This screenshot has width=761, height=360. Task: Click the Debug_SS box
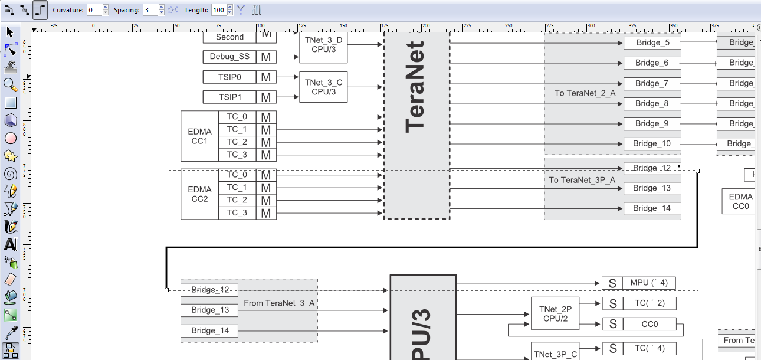pyautogui.click(x=229, y=57)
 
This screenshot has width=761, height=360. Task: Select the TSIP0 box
pyautogui.click(x=229, y=77)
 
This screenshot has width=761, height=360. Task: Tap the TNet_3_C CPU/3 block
pyautogui.click(x=323, y=87)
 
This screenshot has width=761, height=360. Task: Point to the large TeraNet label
pyautogui.click(x=416, y=86)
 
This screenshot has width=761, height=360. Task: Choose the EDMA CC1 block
pyautogui.click(x=199, y=136)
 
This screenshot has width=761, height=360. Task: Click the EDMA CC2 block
pyautogui.click(x=199, y=194)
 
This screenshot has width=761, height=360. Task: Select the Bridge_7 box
pyautogui.click(x=652, y=83)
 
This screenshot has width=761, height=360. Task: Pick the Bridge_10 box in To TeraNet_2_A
pyautogui.click(x=652, y=143)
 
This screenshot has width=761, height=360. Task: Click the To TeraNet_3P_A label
pyautogui.click(x=582, y=180)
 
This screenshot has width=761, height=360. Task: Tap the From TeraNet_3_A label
pyautogui.click(x=278, y=303)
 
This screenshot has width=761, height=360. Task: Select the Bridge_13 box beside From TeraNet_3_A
pyautogui.click(x=210, y=310)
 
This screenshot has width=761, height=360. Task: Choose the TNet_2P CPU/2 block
pyautogui.click(x=555, y=313)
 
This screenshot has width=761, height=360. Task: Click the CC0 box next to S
pyautogui.click(x=649, y=324)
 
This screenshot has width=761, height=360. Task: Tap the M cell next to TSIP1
pyautogui.click(x=266, y=97)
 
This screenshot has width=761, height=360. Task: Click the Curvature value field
pyautogui.click(x=94, y=10)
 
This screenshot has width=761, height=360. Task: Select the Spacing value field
pyautogui.click(x=150, y=10)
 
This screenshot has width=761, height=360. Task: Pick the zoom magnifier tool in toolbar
pyautogui.click(x=10, y=84)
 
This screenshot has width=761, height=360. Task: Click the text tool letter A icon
pyautogui.click(x=10, y=244)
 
